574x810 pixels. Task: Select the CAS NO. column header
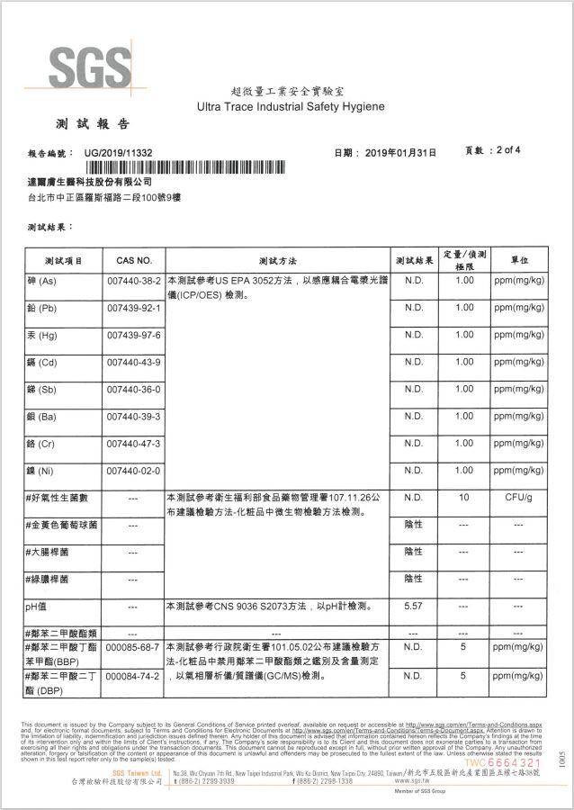(133, 260)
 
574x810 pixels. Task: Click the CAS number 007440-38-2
(133, 281)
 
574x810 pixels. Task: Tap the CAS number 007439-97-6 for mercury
(133, 335)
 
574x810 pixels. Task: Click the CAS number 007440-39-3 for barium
(133, 416)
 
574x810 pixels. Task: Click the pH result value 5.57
(414, 607)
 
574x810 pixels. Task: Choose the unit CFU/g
(519, 497)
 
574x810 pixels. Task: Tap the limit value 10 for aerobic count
(464, 497)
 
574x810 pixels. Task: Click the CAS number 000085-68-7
(133, 647)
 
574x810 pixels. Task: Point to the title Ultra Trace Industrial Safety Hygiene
(291, 107)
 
